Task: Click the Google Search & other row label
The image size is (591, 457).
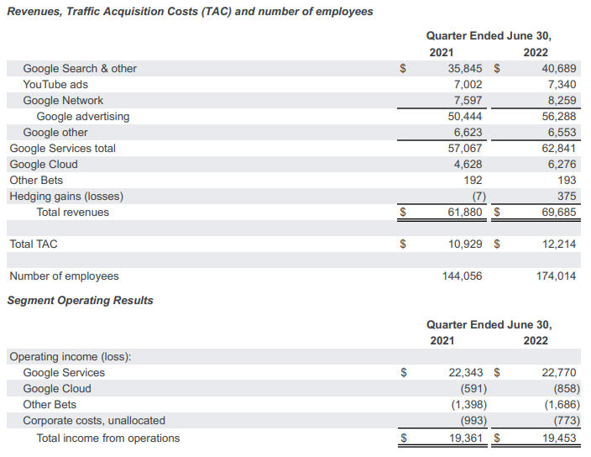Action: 80,69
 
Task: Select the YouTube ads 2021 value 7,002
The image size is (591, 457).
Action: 468,85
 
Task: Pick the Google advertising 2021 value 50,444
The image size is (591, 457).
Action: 465,117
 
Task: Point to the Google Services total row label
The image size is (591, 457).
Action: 63,149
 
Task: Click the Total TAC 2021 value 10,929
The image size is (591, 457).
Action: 465,244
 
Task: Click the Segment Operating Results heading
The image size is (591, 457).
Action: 81,301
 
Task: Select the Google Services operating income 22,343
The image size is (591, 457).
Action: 465,373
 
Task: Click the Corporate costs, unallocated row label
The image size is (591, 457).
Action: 94,421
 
